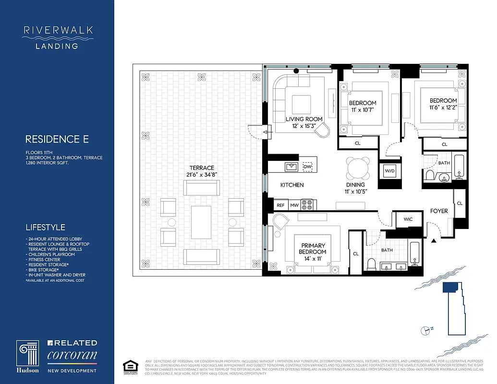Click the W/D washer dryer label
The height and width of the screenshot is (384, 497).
pyautogui.click(x=388, y=171)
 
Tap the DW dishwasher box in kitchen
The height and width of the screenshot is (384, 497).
pyautogui.click(x=307, y=167)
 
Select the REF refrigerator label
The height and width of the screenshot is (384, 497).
pyautogui.click(x=280, y=205)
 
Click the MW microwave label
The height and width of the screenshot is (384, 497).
pyautogui.click(x=294, y=205)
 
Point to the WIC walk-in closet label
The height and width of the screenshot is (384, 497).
pyautogui.click(x=408, y=219)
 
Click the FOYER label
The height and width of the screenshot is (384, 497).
pyautogui.click(x=439, y=211)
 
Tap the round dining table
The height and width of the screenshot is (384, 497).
pyautogui.click(x=358, y=168)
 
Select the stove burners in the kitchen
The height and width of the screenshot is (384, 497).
pyautogui.click(x=307, y=205)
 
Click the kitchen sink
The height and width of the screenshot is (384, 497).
pyautogui.click(x=291, y=167)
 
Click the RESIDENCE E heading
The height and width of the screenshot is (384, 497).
pyautogui.click(x=57, y=139)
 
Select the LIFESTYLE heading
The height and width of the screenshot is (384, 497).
pyautogui.click(x=45, y=227)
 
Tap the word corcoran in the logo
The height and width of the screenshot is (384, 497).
pyautogui.click(x=72, y=356)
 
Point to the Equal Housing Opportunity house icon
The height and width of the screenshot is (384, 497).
pyautogui.click(x=128, y=365)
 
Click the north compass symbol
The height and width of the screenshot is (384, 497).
pyautogui.click(x=425, y=330)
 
